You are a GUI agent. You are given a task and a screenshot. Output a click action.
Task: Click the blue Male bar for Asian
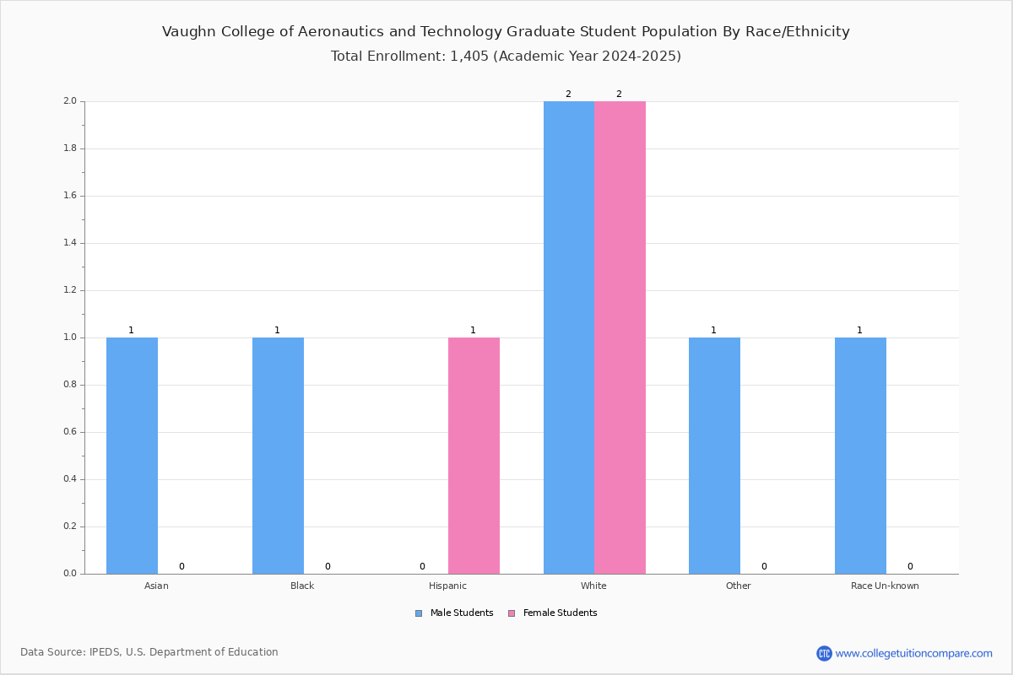[x=132, y=456]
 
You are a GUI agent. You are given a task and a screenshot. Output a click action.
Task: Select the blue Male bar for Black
[x=278, y=456]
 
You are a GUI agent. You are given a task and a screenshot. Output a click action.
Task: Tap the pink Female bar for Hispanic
[x=474, y=456]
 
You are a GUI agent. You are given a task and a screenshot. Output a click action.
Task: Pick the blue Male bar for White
[x=568, y=337]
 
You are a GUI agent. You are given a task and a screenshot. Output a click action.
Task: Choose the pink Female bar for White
[x=620, y=337]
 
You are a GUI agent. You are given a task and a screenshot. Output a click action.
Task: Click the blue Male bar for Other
[x=714, y=456]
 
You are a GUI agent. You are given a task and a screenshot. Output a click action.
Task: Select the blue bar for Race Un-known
[x=860, y=456]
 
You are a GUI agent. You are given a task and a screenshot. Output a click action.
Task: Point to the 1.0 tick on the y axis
[x=69, y=337]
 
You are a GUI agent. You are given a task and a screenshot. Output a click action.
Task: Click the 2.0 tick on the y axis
[x=69, y=101]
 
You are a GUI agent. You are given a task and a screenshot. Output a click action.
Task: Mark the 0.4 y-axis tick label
[x=69, y=479]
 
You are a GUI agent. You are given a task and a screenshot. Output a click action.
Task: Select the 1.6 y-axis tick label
[x=69, y=196]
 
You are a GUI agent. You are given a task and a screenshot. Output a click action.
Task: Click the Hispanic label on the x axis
[x=447, y=586]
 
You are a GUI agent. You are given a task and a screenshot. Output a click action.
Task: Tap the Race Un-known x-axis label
[x=885, y=586]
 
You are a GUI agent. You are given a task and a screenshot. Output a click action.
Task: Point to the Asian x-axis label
[x=156, y=586]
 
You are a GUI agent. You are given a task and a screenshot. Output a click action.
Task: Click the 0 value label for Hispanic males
[x=422, y=566]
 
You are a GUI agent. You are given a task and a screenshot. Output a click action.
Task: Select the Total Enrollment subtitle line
[x=506, y=57]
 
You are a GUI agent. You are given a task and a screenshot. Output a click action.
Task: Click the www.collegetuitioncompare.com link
[x=913, y=653]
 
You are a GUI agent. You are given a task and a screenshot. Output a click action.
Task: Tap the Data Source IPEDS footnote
[x=149, y=652]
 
